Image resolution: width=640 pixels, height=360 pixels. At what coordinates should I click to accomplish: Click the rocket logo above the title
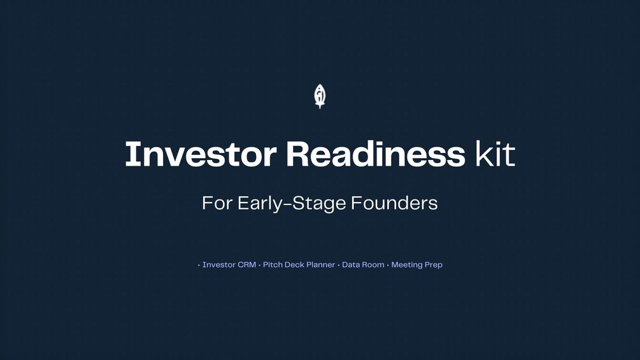320,96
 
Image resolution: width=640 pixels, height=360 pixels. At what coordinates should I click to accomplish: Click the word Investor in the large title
201,154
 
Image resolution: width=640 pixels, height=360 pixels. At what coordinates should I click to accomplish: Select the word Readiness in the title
376,154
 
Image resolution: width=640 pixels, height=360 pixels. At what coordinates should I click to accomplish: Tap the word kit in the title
495,154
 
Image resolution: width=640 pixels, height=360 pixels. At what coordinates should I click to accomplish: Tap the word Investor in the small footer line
219,264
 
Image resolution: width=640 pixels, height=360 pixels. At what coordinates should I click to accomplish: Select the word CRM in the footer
247,264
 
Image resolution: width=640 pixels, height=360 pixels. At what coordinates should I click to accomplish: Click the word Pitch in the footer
272,264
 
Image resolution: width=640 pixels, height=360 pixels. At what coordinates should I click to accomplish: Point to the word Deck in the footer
294,264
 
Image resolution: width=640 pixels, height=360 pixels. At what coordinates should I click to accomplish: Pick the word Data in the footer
350,264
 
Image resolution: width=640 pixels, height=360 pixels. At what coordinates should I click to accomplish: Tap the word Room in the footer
373,264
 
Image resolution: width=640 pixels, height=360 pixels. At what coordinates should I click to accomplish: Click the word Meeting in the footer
406,265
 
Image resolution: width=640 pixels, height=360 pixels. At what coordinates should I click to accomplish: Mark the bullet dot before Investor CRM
199,265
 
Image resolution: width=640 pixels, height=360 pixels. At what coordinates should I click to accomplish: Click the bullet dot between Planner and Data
338,265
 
